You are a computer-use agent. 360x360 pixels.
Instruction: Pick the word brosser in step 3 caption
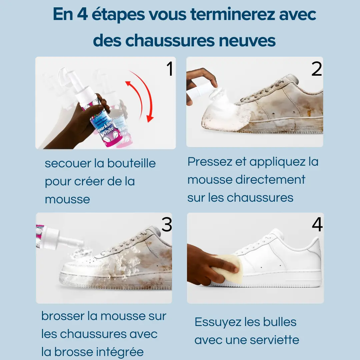tap(63, 316)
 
